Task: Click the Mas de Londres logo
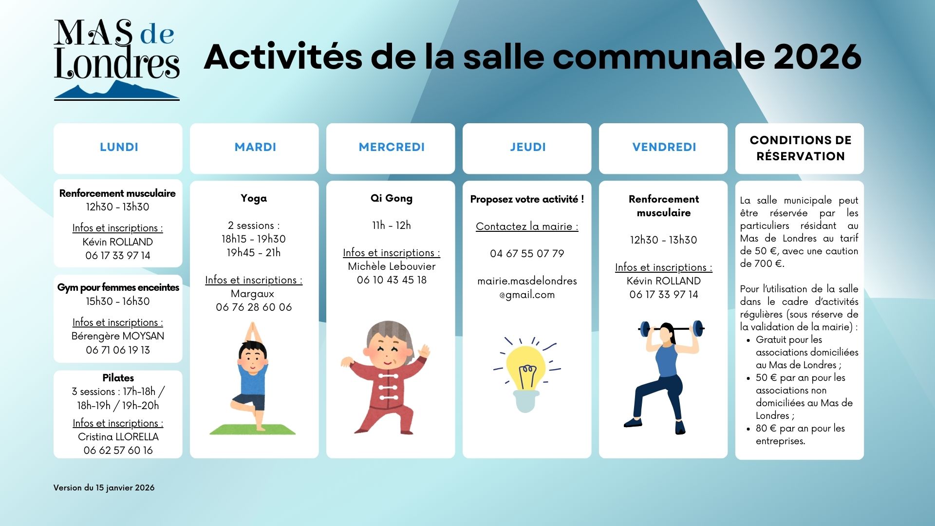(117, 59)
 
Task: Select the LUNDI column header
(119, 147)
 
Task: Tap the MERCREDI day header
(392, 147)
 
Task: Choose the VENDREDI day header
(664, 147)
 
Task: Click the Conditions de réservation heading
(801, 148)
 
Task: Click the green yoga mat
(252, 429)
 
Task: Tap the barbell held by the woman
(672, 328)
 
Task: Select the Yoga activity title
(254, 198)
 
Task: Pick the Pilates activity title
(118, 378)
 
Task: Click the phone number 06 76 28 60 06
(254, 307)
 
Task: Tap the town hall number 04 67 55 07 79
(527, 254)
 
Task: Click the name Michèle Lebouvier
(392, 266)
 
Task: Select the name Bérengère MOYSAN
(118, 336)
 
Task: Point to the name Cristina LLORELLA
(118, 437)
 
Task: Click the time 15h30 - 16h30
(118, 301)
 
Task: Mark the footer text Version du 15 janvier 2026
(104, 488)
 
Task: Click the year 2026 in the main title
(818, 57)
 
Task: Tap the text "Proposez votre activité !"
(527, 199)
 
